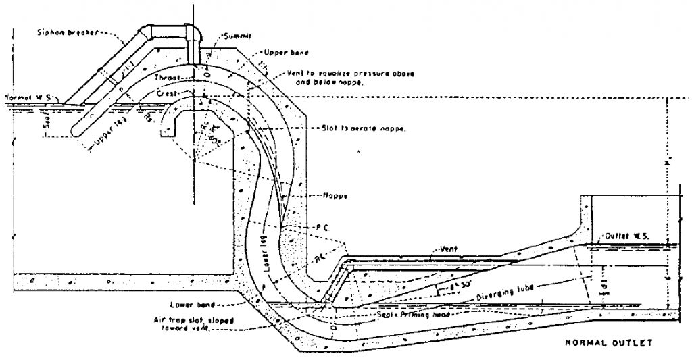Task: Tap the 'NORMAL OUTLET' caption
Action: point(608,343)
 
